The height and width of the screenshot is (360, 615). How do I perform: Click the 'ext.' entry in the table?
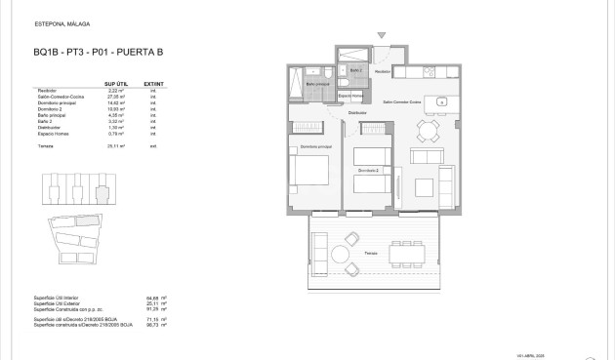coord(152,145)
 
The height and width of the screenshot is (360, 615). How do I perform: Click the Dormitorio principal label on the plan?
coord(311,146)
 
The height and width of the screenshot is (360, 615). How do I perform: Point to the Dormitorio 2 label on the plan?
coord(367,171)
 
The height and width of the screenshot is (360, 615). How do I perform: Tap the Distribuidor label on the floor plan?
coord(356,113)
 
